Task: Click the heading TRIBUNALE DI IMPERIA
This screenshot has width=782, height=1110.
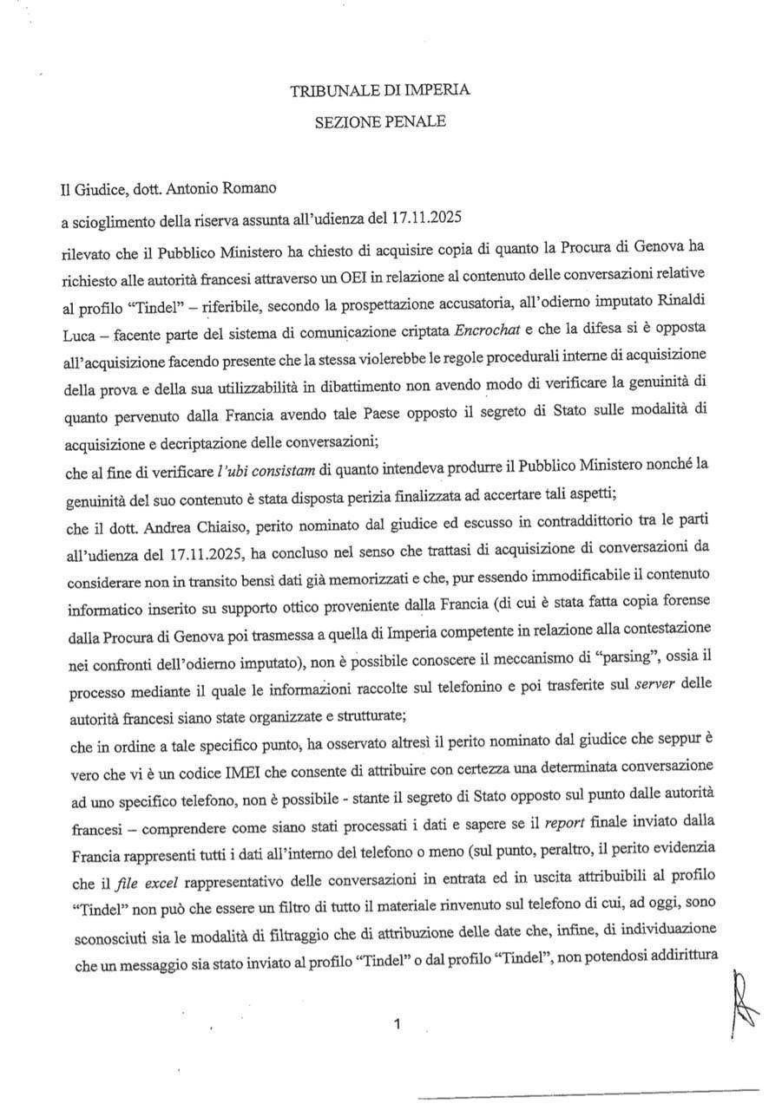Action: (380, 89)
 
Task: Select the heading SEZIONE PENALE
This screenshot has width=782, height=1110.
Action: (380, 122)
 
